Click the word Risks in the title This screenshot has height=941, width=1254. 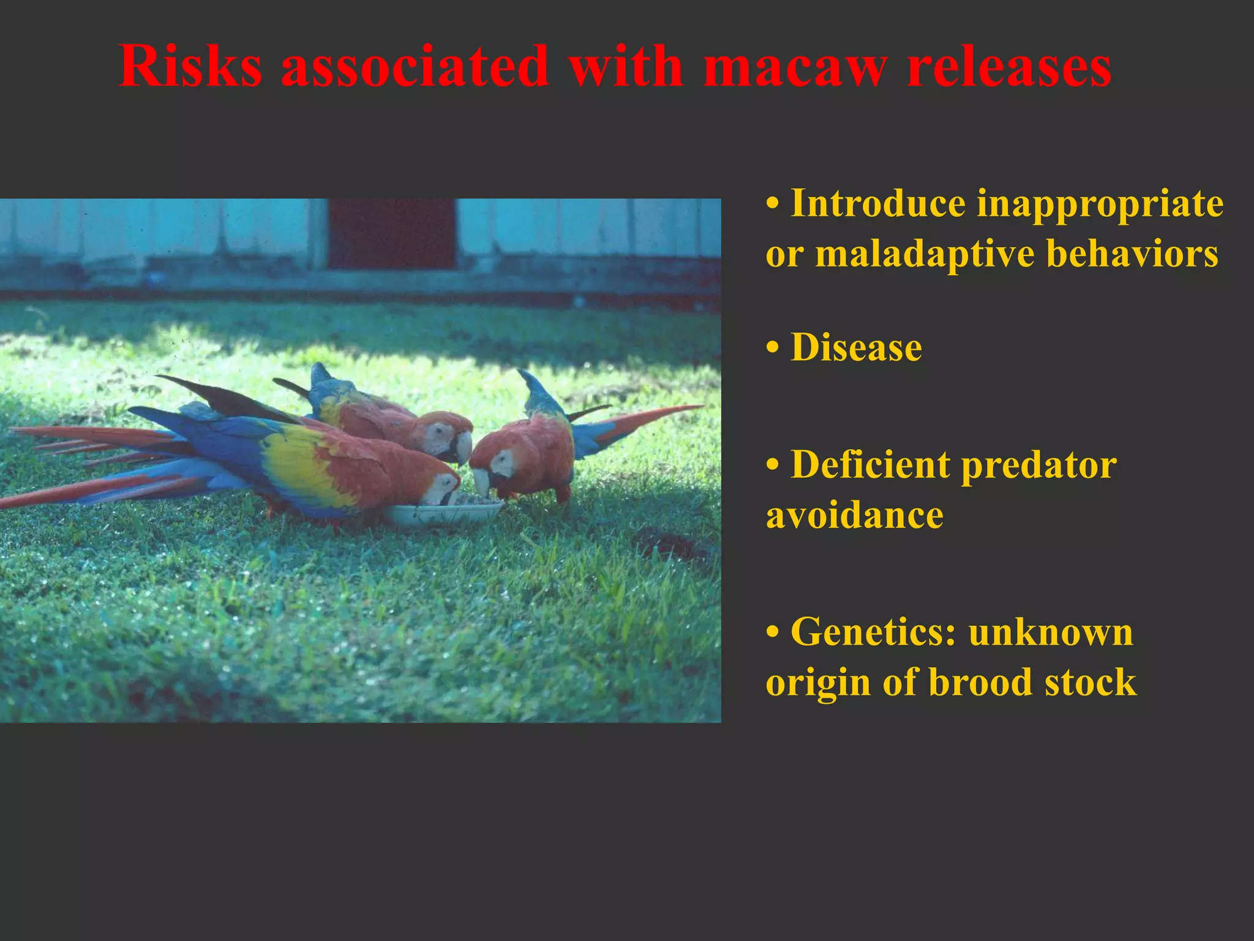(x=190, y=66)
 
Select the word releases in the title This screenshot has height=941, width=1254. (x=1009, y=66)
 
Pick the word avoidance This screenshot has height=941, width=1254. (x=855, y=515)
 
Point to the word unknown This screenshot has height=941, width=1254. (x=1051, y=632)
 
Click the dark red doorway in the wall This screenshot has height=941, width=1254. (x=392, y=233)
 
